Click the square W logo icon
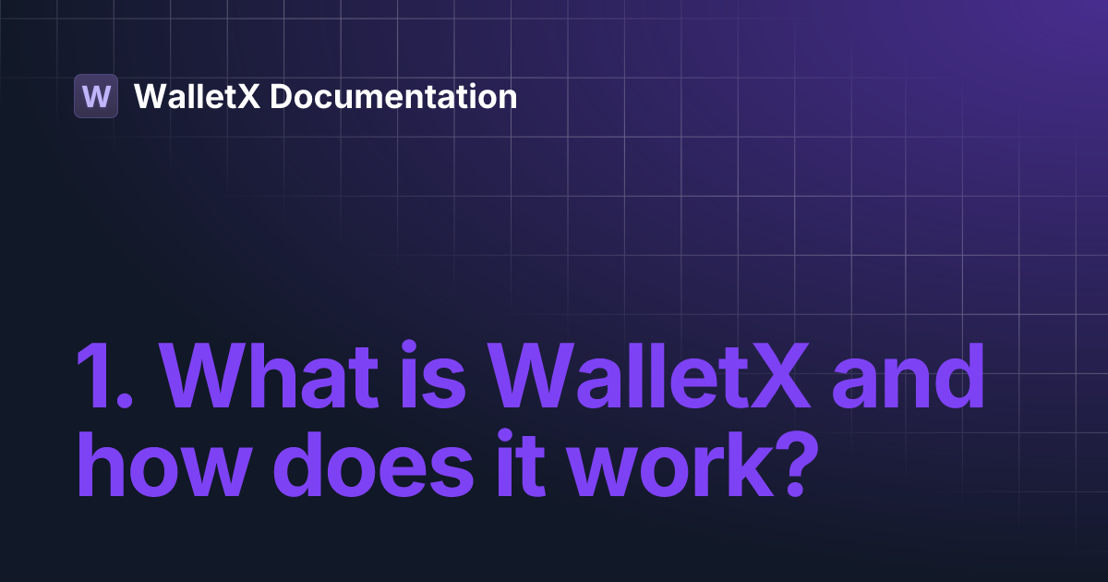pos(96,96)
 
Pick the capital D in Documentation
pos(282,96)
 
